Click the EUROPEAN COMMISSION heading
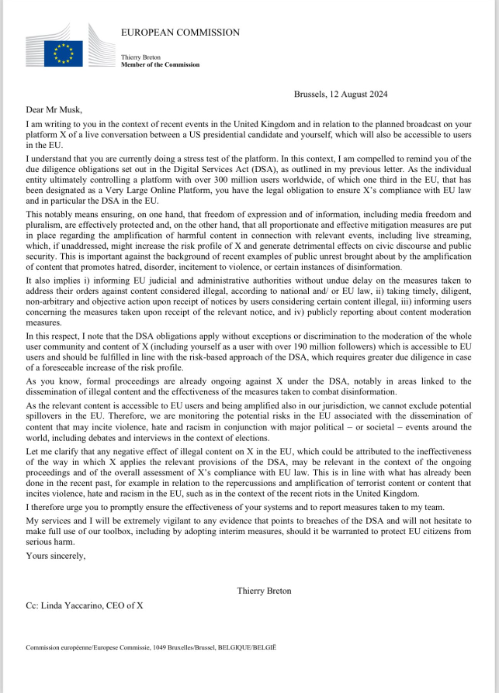(180, 33)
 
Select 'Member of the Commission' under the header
(160, 65)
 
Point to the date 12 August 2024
(359, 95)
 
